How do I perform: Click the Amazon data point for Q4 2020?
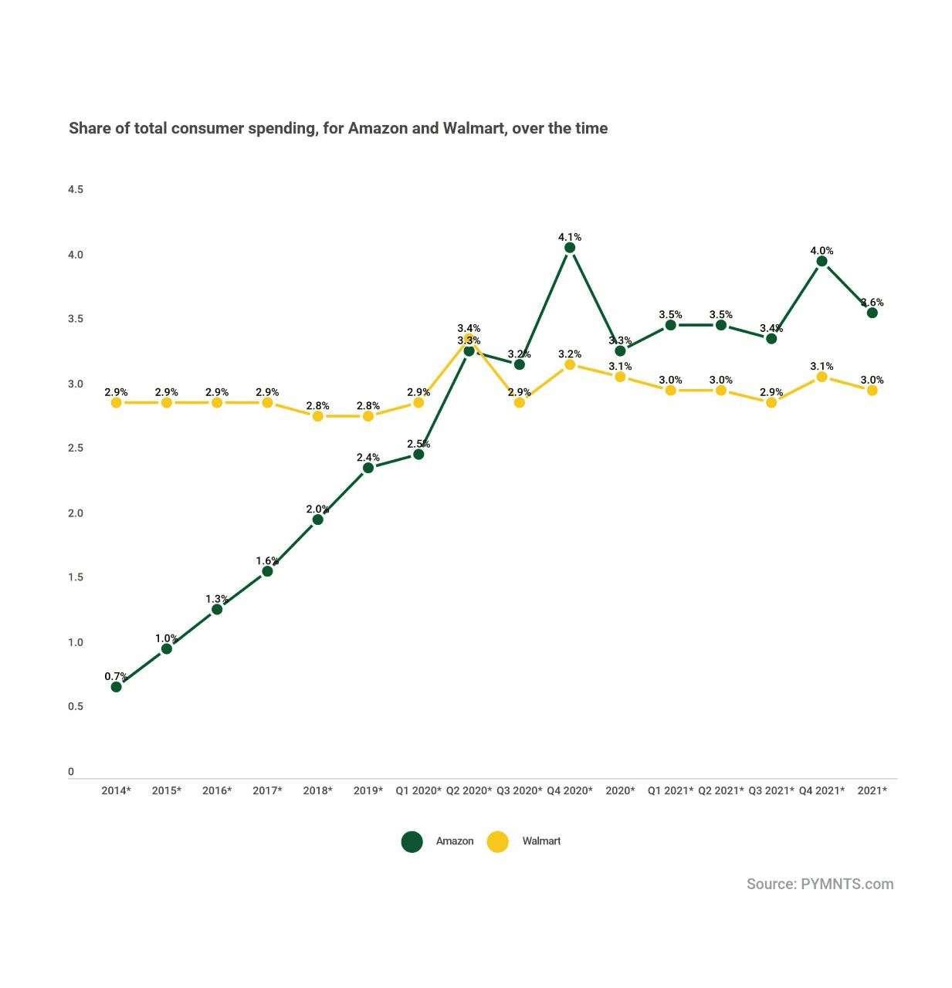570,248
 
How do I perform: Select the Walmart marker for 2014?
116,403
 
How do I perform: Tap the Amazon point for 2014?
116,687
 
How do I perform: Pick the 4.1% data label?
570,237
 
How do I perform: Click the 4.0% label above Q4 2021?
822,251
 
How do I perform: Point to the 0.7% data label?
116,677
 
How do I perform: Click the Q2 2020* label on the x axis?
469,790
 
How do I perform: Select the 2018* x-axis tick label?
317,790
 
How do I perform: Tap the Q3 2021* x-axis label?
771,790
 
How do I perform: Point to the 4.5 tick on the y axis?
76,190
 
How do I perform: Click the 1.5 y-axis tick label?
76,577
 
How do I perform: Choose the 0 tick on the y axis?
71,771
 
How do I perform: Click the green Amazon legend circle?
412,842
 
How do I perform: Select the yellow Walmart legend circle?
498,842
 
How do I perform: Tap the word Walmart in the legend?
541,841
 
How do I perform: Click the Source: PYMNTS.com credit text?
820,885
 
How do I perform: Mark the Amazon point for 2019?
368,468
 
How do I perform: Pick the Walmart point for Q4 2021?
822,377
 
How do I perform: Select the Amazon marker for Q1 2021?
670,326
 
